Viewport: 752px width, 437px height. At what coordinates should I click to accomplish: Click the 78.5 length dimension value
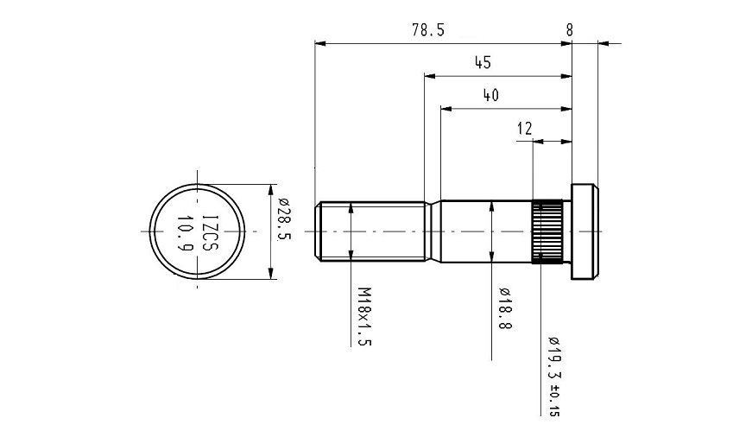[428, 30]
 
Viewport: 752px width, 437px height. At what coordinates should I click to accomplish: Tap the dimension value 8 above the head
[569, 30]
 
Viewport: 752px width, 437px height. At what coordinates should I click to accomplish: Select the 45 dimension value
[483, 63]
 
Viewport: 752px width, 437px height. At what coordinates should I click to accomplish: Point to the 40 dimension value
[490, 96]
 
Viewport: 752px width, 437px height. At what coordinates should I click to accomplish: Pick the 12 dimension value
[525, 129]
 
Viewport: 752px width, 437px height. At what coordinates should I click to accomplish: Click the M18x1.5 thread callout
[365, 317]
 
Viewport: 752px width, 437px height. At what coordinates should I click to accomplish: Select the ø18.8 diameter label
[505, 308]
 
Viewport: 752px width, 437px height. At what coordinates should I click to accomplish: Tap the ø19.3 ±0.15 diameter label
[554, 377]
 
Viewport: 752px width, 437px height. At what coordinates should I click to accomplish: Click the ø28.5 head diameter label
[284, 218]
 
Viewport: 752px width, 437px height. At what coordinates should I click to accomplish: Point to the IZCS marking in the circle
[210, 232]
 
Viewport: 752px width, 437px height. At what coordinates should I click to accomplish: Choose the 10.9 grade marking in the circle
[185, 233]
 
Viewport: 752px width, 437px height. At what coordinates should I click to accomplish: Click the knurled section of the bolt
[547, 231]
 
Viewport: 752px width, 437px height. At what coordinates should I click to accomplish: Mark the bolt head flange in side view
[585, 231]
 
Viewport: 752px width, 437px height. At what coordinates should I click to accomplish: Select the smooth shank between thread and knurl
[486, 231]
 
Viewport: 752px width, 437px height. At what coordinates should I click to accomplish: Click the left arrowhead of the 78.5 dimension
[320, 44]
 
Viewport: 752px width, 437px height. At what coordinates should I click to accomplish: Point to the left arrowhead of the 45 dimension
[430, 76]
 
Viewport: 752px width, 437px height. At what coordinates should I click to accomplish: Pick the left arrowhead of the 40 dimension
[446, 109]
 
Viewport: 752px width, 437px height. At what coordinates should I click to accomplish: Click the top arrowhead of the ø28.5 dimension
[272, 190]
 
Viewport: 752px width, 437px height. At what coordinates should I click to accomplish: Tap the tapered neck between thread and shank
[433, 231]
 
